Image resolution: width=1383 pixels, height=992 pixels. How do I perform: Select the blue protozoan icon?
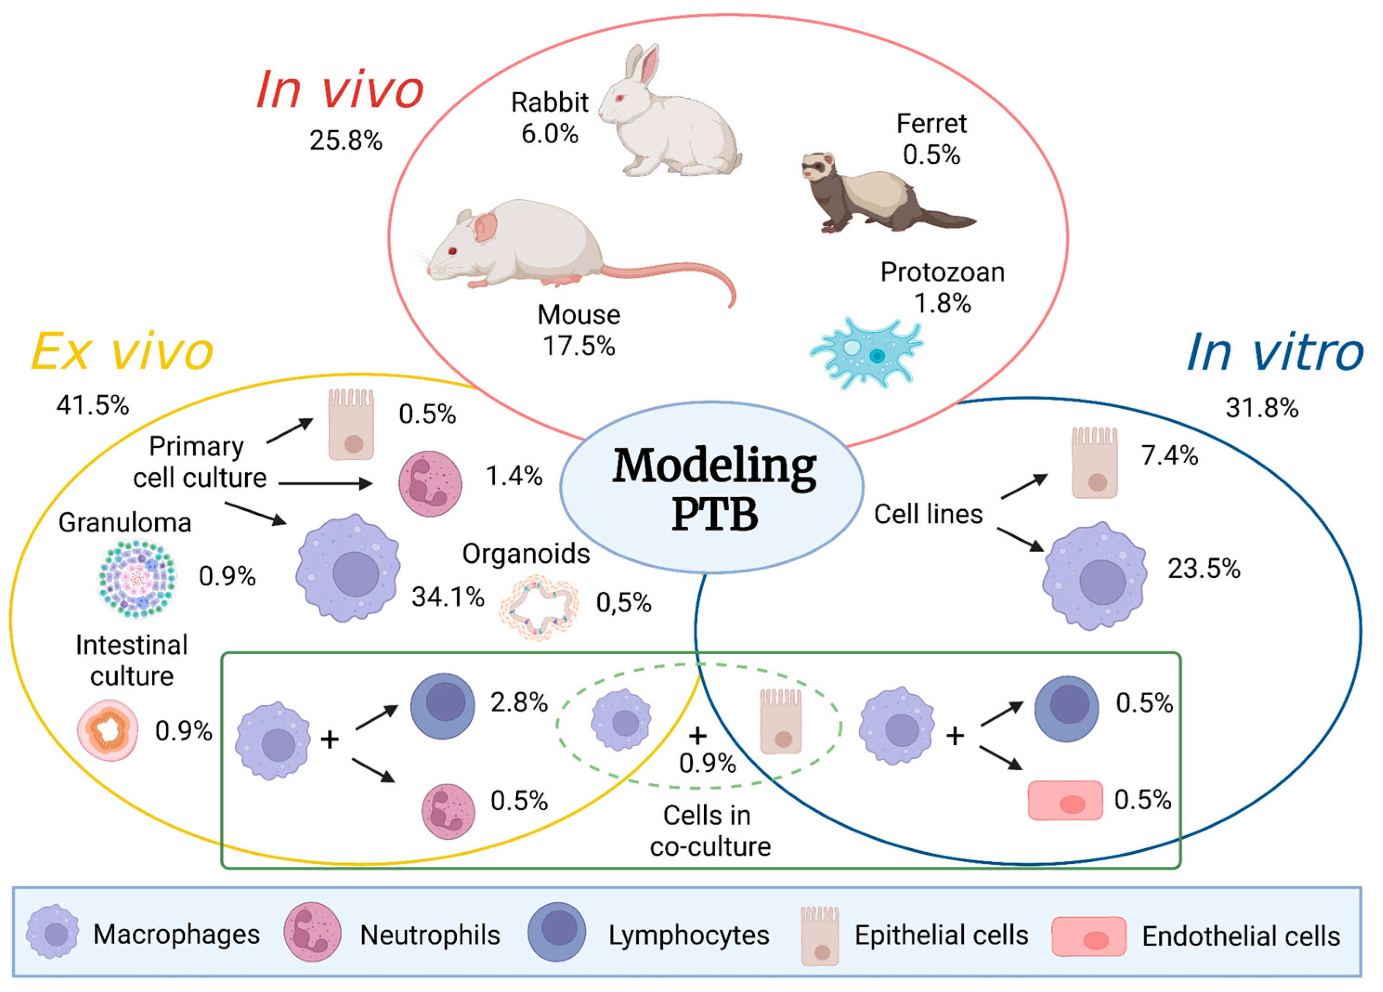pos(866,353)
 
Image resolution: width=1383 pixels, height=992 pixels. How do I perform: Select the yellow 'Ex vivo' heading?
pos(122,352)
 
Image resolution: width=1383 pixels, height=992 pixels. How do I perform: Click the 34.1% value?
pos(448,597)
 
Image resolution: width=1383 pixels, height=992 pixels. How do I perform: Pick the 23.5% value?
pos(1204,569)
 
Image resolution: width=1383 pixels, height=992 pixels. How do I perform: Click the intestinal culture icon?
pos(108,730)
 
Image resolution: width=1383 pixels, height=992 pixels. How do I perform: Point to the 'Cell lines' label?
pos(928,514)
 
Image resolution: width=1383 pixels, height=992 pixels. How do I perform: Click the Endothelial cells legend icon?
pos(1089,936)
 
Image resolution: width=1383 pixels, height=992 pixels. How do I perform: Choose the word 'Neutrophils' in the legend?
pos(430,935)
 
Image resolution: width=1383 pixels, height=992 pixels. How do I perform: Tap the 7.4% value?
pos(1169,455)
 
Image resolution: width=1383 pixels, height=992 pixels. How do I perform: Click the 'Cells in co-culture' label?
pos(709,831)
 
